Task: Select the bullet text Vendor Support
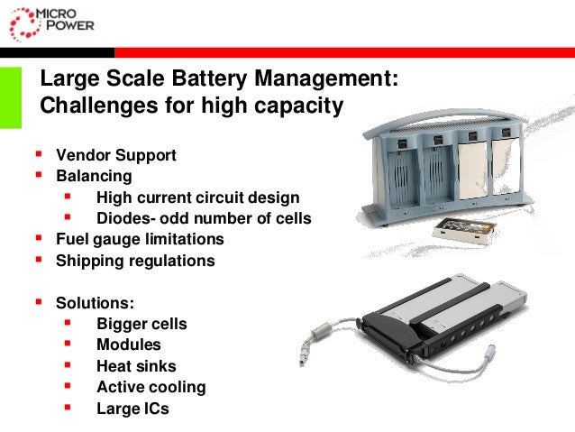click(x=115, y=155)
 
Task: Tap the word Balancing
click(x=94, y=176)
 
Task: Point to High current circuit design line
click(x=198, y=198)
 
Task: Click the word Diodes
click(x=122, y=218)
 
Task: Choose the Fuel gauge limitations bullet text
click(x=140, y=240)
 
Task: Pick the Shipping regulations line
click(x=135, y=261)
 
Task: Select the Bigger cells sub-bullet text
click(x=141, y=324)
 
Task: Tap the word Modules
click(x=129, y=345)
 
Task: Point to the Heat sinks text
click(x=136, y=366)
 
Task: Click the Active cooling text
click(x=151, y=387)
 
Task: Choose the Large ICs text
click(x=132, y=409)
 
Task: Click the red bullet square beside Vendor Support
click(x=38, y=154)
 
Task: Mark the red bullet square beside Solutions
click(x=38, y=301)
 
